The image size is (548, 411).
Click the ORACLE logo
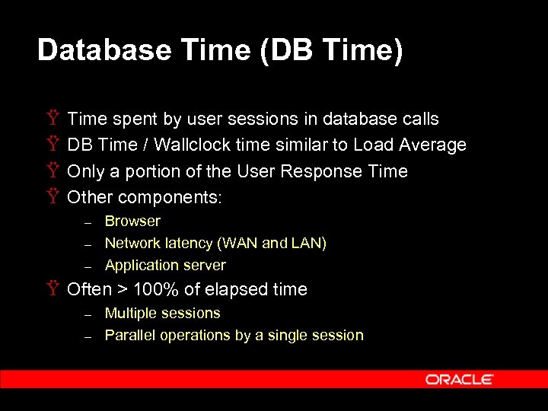click(460, 379)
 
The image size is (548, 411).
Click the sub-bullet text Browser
click(132, 221)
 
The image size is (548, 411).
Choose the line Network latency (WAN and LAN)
click(215, 243)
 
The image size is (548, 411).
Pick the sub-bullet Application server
click(165, 265)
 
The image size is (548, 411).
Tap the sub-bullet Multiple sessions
click(162, 313)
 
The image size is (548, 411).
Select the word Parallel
click(129, 335)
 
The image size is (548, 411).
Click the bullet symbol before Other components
click(53, 197)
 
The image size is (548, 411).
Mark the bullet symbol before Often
click(53, 289)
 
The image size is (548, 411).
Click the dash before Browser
click(88, 222)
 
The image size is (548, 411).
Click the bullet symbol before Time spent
click(53, 119)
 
